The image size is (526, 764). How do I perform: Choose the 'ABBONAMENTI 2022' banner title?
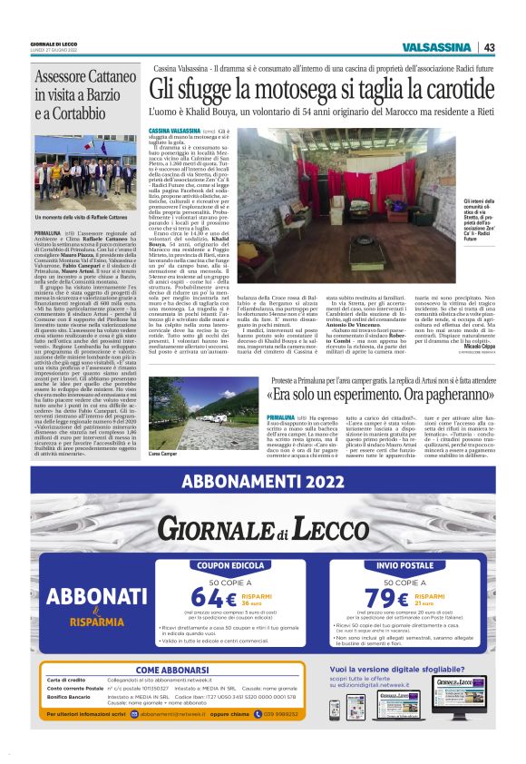point(263,482)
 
